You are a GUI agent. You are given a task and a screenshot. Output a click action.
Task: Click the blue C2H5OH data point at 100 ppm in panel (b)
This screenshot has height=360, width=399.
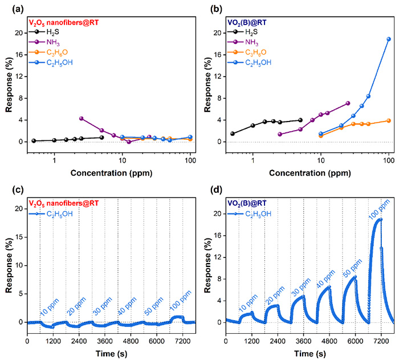click(389, 39)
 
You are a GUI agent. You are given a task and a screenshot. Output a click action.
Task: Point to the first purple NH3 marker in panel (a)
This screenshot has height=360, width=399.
click(82, 118)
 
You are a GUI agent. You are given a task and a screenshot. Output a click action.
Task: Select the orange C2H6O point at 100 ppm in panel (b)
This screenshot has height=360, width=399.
click(389, 120)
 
